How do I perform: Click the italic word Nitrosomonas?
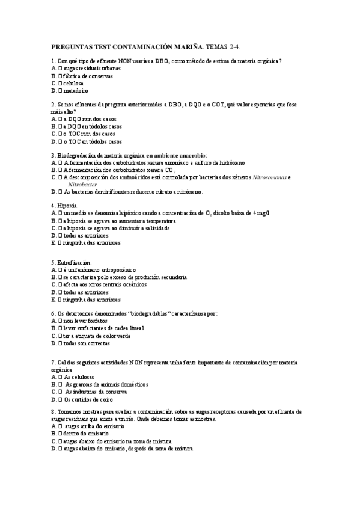pyautogui.click(x=270, y=177)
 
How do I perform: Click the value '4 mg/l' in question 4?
pyautogui.click(x=260, y=213)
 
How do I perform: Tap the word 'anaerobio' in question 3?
pyautogui.click(x=188, y=155)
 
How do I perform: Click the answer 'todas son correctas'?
pyautogui.click(x=87, y=343)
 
